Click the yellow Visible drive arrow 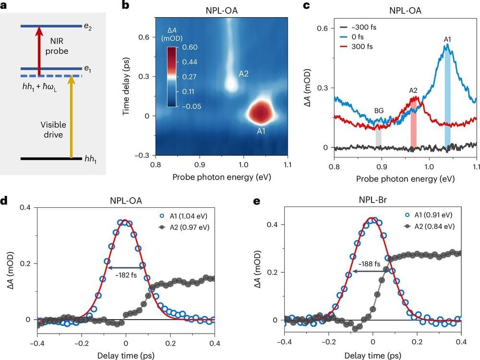coord(72,115)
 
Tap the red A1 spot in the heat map coord(260,112)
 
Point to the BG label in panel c coord(379,110)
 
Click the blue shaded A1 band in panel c coord(447,96)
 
